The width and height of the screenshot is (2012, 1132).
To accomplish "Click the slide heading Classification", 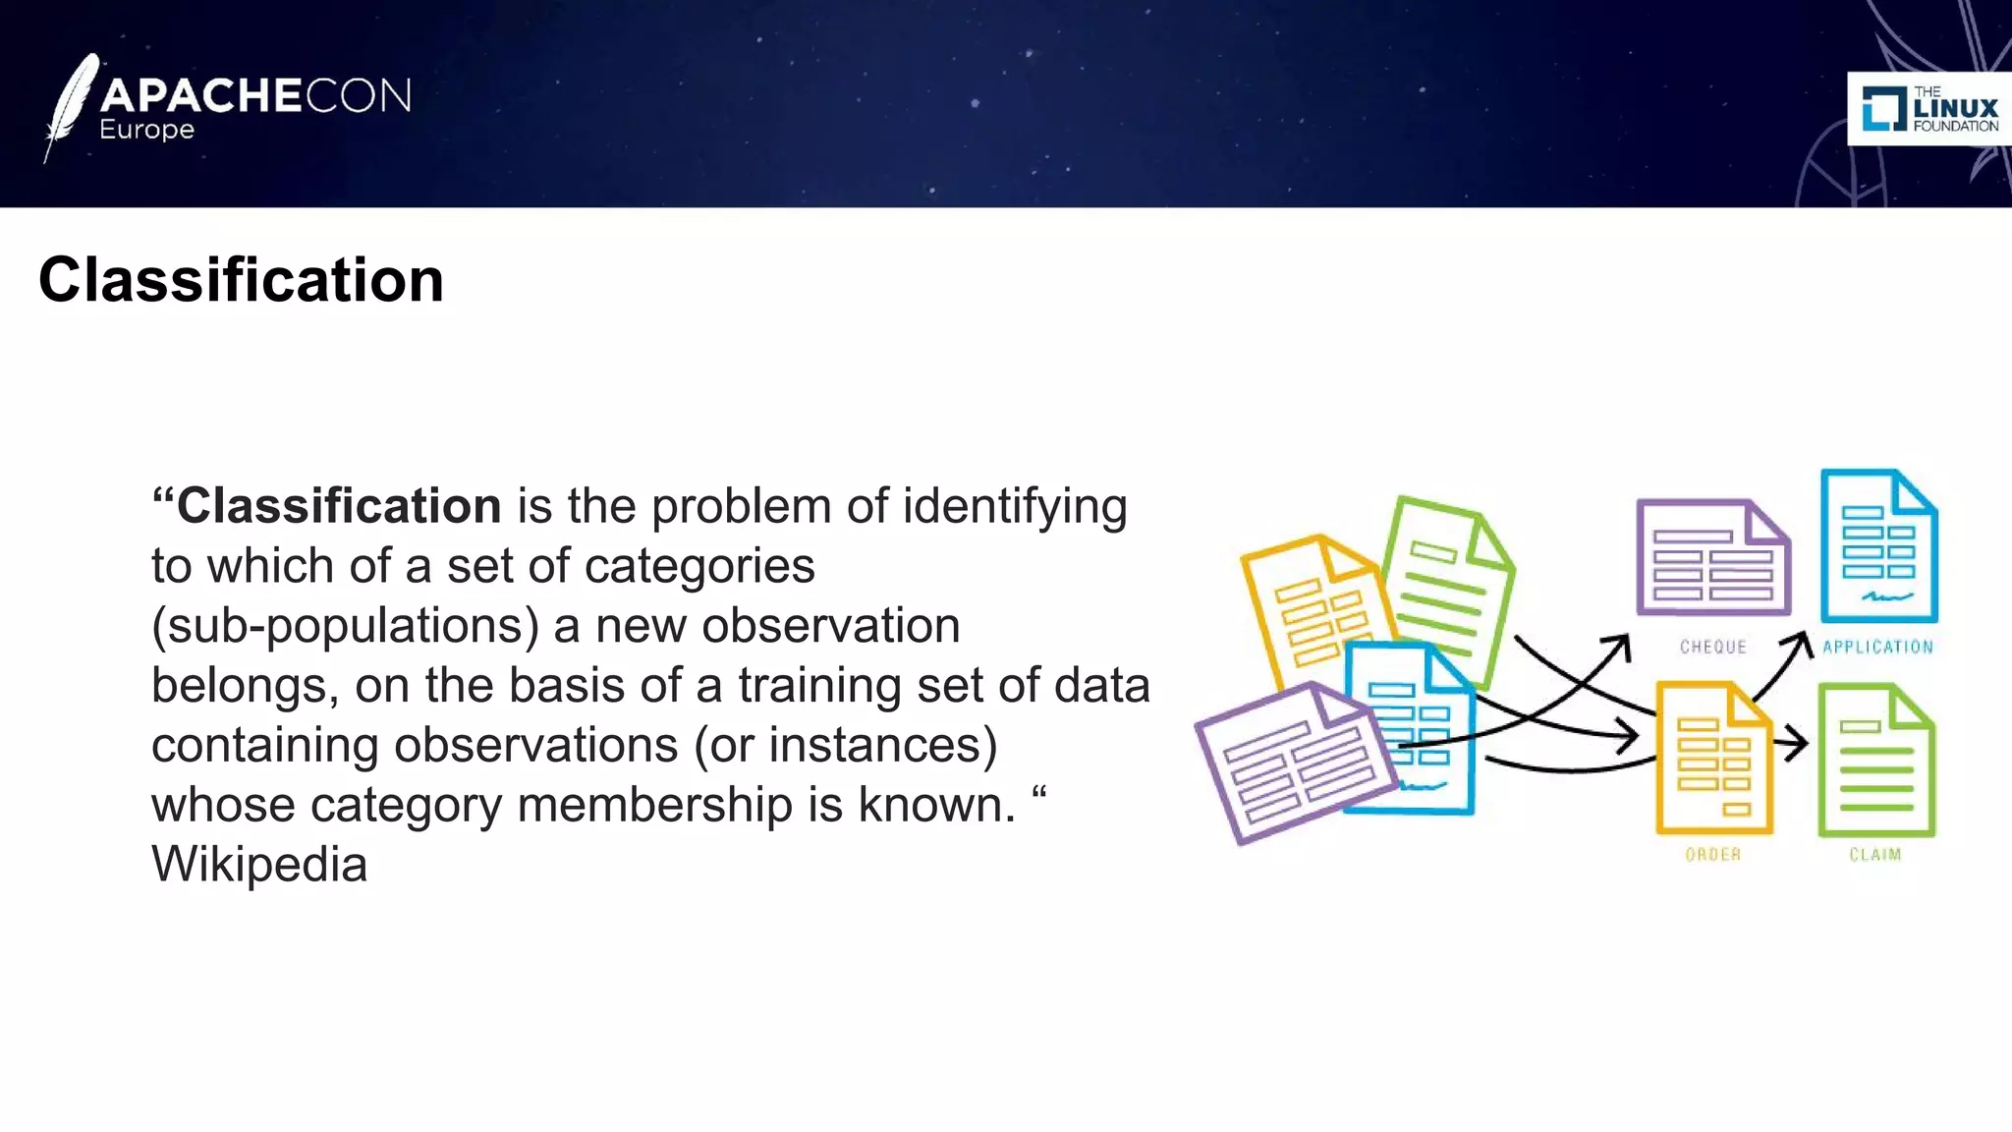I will coord(241,280).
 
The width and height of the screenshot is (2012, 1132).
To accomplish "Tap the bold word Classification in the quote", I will coord(339,507).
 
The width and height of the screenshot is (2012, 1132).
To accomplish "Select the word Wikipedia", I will coord(259,865).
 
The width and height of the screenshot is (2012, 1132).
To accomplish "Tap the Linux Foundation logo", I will coord(1929,109).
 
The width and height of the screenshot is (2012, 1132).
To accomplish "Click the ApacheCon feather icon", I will coord(72,106).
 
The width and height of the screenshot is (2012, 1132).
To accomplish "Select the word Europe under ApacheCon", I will coord(146,131).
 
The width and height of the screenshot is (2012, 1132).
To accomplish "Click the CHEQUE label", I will coord(1712,647).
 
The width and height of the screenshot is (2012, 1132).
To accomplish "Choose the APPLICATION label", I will coord(1877,647).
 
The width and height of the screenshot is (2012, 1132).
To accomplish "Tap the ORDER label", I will coord(1712,855).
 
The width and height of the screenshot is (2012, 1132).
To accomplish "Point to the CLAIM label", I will coord(1874,855).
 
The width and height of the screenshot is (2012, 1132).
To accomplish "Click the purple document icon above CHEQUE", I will coord(1712,558).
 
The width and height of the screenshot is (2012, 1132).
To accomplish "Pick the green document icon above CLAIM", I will coord(1875,761).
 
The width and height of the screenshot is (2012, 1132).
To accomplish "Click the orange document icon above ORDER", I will coord(1713,759).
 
